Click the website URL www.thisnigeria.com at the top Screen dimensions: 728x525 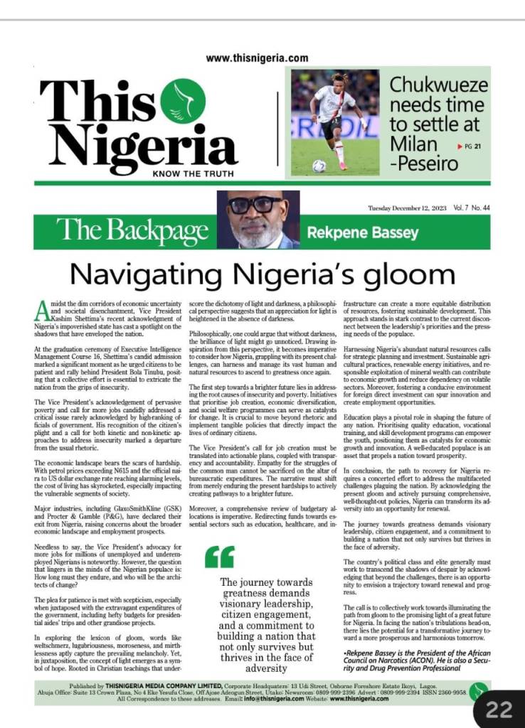pyautogui.click(x=257, y=59)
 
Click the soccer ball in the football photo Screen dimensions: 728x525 pyautogui.click(x=319, y=166)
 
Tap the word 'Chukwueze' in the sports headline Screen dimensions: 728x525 pyautogui.click(x=439, y=86)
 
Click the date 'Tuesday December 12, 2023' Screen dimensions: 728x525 pyautogui.click(x=403, y=208)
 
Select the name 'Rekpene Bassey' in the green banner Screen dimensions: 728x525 pyautogui.click(x=361, y=232)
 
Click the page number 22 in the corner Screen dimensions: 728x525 pyautogui.click(x=499, y=708)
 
